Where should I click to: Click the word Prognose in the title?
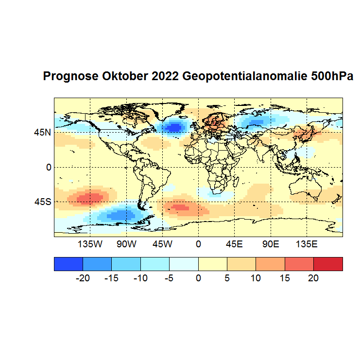pos(71,77)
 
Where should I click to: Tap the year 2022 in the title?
pos(166,77)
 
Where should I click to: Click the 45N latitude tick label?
pos(42,132)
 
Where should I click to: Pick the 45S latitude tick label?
pos(42,202)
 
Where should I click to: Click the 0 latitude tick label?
pos(48,167)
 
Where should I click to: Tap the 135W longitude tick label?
pos(90,243)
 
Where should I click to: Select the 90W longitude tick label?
pos(126,243)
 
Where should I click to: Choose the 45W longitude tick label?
pos(162,243)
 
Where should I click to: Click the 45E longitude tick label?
pos(234,243)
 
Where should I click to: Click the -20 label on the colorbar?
pos(83,278)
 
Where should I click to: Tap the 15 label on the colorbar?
pos(285,278)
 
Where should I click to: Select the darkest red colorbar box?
pos(328,264)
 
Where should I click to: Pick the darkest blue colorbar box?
pos(69,264)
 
